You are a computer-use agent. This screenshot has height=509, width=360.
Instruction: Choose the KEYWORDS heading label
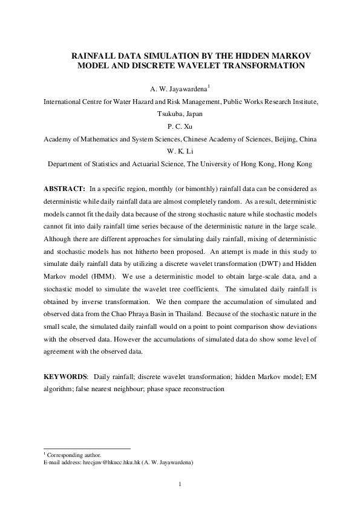click(x=66, y=377)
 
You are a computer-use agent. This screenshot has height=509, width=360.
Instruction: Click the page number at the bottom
click(x=180, y=484)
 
